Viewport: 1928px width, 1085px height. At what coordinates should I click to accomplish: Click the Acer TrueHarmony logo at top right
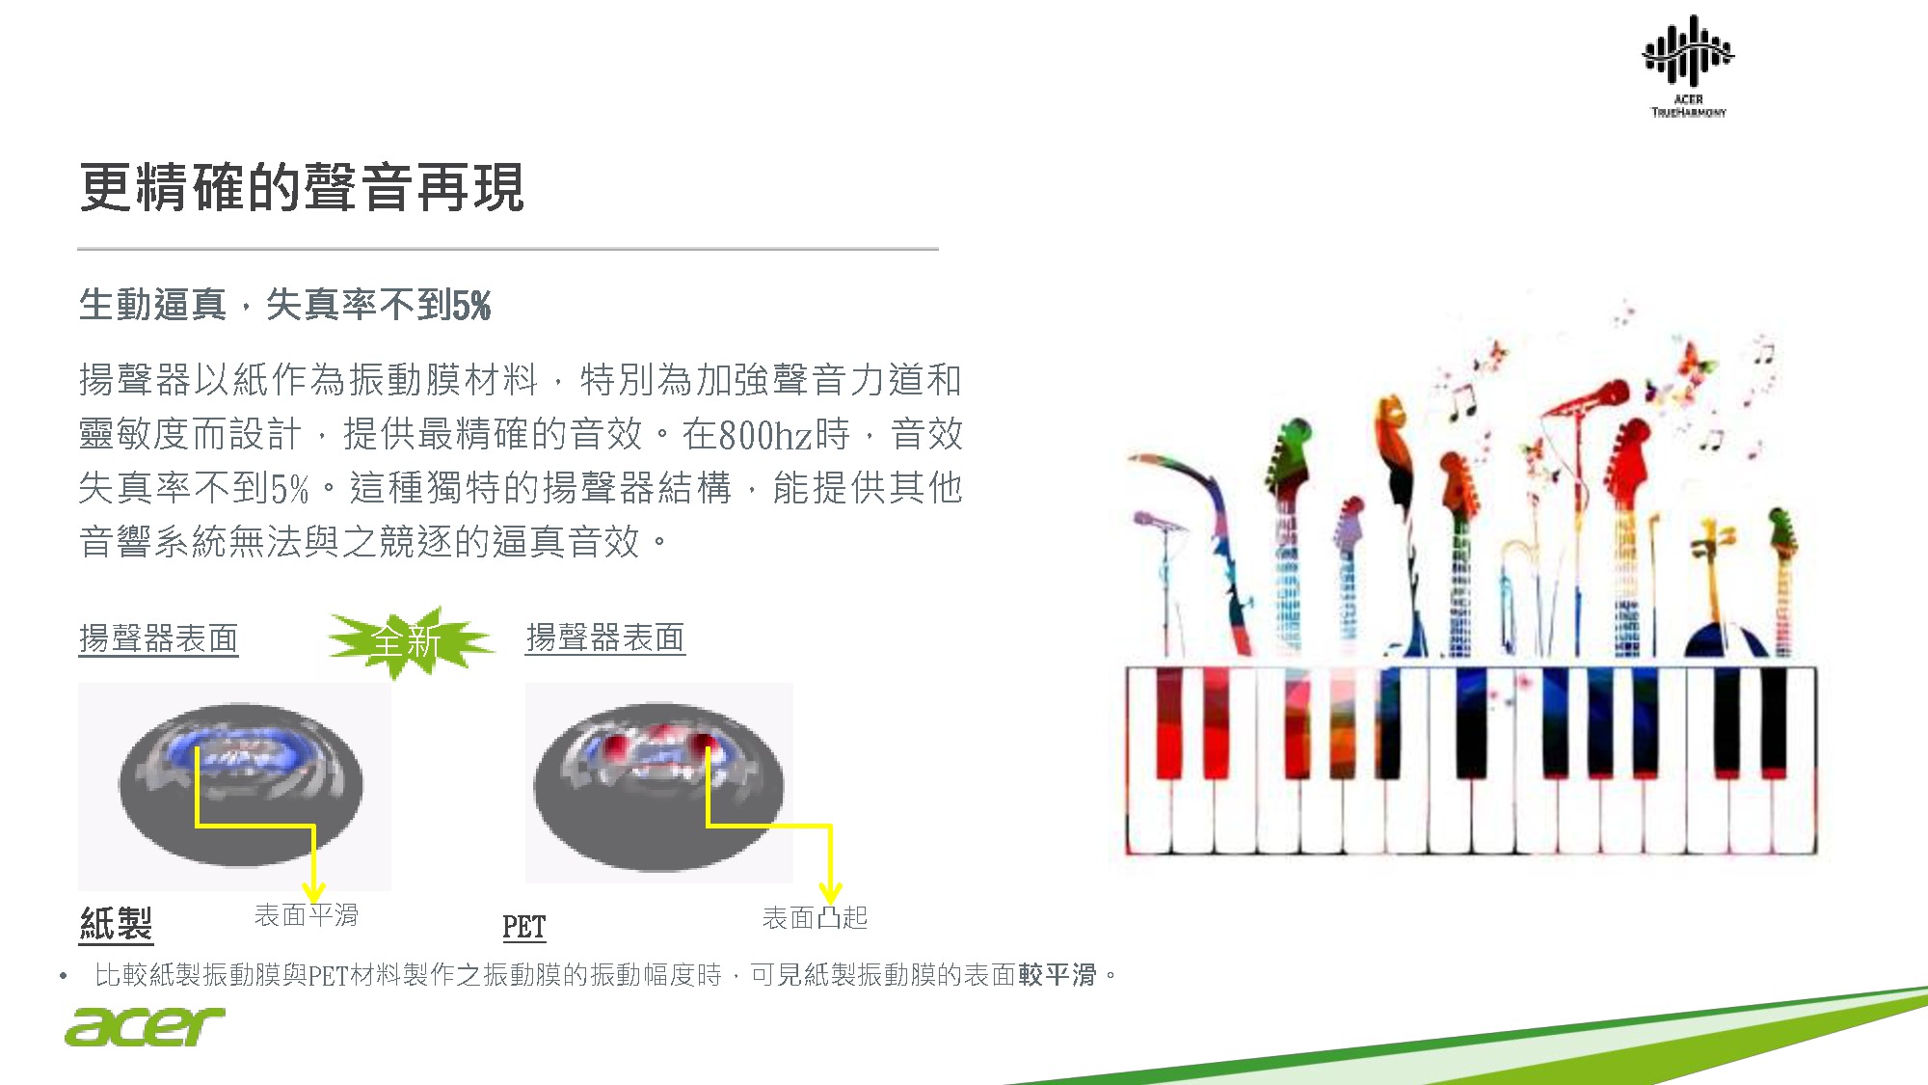(1688, 66)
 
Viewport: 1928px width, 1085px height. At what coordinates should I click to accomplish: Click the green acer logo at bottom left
(145, 1026)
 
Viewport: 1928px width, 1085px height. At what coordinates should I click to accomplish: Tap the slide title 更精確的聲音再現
(302, 186)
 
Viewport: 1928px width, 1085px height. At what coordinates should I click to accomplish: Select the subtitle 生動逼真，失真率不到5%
(284, 305)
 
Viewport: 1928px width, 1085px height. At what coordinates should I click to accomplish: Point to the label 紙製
(116, 923)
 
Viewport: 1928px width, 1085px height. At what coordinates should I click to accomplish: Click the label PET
(523, 927)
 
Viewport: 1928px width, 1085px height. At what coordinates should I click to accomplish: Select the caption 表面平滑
(307, 914)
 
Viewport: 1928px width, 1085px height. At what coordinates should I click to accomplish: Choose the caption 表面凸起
(815, 917)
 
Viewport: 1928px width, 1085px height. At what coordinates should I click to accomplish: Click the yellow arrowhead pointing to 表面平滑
(313, 891)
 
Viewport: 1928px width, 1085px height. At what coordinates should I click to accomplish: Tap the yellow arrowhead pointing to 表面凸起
(830, 892)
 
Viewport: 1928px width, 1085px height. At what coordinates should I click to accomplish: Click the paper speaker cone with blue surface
(241, 784)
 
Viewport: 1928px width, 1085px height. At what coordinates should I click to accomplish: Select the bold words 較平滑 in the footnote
(1058, 975)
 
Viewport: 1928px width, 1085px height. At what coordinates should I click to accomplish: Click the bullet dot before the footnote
(64, 976)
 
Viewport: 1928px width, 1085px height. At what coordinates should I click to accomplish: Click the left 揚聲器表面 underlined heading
(158, 638)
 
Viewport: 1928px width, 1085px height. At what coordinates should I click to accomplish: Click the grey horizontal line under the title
(508, 249)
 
